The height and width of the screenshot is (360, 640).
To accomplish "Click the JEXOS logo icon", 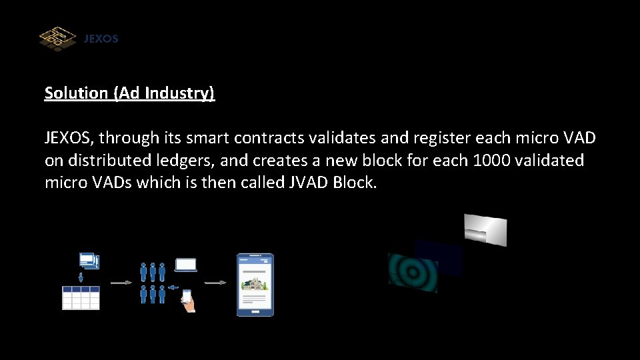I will pyautogui.click(x=58, y=38).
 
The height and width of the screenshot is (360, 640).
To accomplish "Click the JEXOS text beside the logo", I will pyautogui.click(x=101, y=39).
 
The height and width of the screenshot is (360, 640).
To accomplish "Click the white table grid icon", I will pyautogui.click(x=81, y=298).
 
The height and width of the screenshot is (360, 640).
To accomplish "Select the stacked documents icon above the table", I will pyautogui.click(x=88, y=261).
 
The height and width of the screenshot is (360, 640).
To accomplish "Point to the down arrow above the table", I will pyautogui.click(x=81, y=277).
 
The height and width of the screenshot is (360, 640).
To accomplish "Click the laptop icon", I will pyautogui.click(x=186, y=265).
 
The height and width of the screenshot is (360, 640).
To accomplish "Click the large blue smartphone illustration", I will pyautogui.click(x=256, y=285).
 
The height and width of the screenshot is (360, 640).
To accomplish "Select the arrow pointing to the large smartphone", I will pyautogui.click(x=215, y=283).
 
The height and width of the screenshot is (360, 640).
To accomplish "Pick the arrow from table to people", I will pyautogui.click(x=120, y=283).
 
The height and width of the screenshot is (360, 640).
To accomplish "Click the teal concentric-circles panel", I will pyautogui.click(x=413, y=272).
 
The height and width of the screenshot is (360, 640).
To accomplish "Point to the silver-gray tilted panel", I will pyautogui.click(x=485, y=229).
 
